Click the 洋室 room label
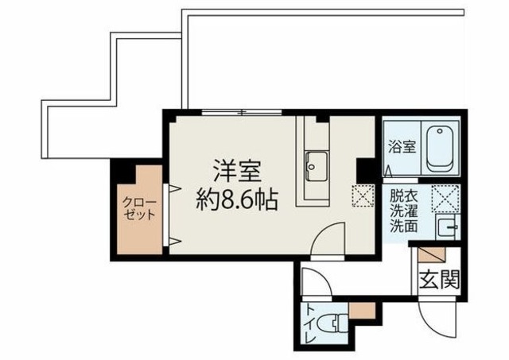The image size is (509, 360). click(236, 172)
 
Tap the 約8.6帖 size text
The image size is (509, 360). click(237, 199)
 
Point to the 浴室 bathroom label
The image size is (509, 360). click(402, 148)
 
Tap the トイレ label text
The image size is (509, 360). click(310, 327)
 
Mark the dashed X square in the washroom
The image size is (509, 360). click(443, 195)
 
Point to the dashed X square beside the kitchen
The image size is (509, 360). click(363, 195)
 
